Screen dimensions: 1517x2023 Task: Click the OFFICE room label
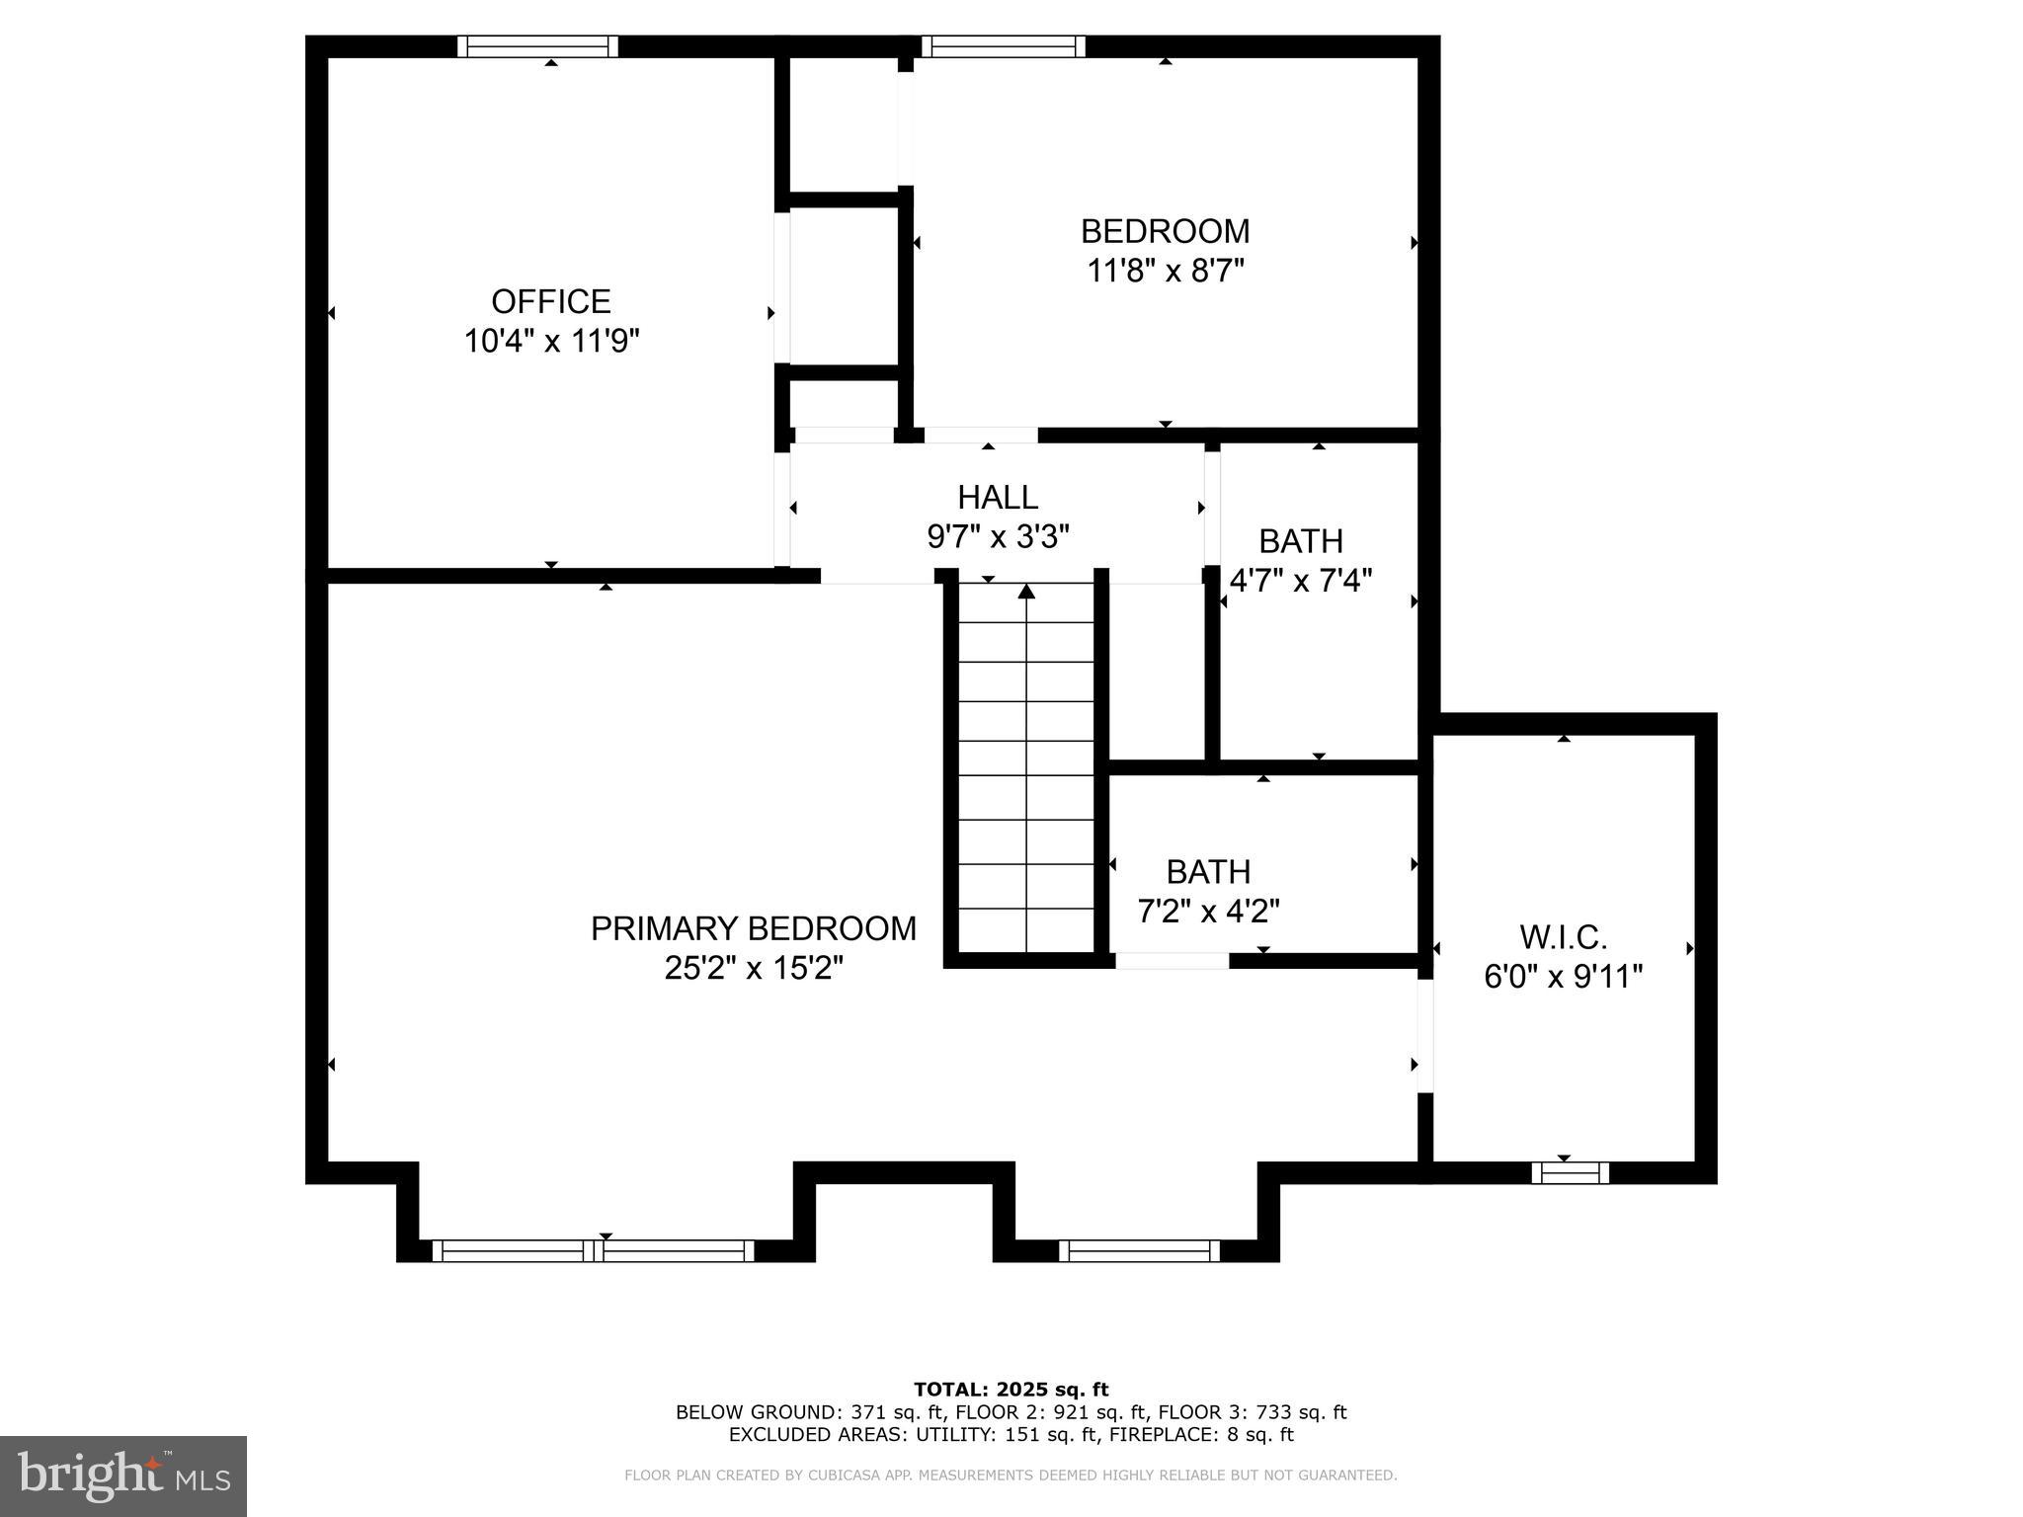pos(551,301)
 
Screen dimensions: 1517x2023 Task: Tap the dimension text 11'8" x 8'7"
pos(1165,271)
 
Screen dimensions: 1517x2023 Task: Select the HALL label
pos(997,497)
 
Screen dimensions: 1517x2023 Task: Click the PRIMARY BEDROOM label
pos(753,928)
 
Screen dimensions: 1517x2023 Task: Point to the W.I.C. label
pos(1563,936)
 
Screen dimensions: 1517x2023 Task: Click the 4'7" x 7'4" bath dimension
pos(1300,581)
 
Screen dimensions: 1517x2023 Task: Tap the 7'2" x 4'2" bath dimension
pos(1208,911)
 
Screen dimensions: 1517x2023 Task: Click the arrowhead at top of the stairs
pos(1026,592)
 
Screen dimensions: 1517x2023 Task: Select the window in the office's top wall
pos(538,46)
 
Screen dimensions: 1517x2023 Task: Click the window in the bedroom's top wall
pos(1003,46)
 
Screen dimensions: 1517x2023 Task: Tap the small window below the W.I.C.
pos(1570,1172)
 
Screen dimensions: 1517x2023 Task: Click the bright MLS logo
pos(122,1476)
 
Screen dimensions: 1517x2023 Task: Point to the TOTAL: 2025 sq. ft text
pos(1011,1390)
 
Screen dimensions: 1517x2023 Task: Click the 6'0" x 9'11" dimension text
pos(1563,977)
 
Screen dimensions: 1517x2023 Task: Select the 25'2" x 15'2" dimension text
pos(753,968)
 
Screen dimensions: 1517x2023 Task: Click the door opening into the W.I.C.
pos(1425,1036)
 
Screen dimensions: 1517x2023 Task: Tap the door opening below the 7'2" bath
pos(1173,960)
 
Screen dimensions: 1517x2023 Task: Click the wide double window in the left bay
pos(593,1250)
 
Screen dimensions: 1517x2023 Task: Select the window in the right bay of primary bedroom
pos(1139,1250)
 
